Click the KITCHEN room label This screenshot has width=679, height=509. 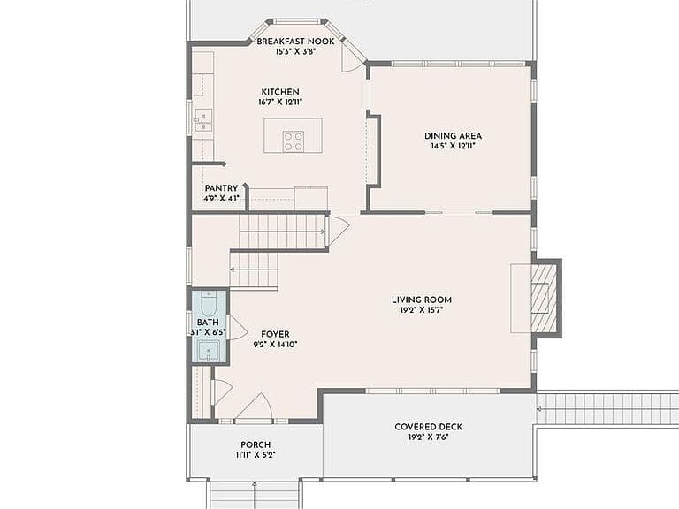pos(280,92)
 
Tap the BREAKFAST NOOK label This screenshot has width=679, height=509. pos(295,42)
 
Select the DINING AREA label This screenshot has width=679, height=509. pos(453,136)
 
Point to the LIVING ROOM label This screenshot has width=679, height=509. pos(422,300)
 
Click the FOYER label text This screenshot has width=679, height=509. pos(276,334)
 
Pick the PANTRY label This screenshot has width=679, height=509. pos(221,188)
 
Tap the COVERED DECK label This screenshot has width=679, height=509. pos(428,427)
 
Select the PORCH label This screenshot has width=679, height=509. pos(256,444)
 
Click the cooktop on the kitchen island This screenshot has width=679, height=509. pos(294,141)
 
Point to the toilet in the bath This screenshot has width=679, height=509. pos(209,304)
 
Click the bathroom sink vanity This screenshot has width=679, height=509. pos(210,351)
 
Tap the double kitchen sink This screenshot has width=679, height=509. pos(202,120)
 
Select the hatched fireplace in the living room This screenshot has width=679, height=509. pos(544,299)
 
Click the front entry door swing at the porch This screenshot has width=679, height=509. pos(256,406)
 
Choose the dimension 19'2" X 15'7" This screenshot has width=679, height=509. pos(422,310)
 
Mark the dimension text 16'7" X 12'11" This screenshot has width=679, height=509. pos(280,103)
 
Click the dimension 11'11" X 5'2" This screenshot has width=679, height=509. pos(256,455)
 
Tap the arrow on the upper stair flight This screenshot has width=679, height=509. pos(282,232)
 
